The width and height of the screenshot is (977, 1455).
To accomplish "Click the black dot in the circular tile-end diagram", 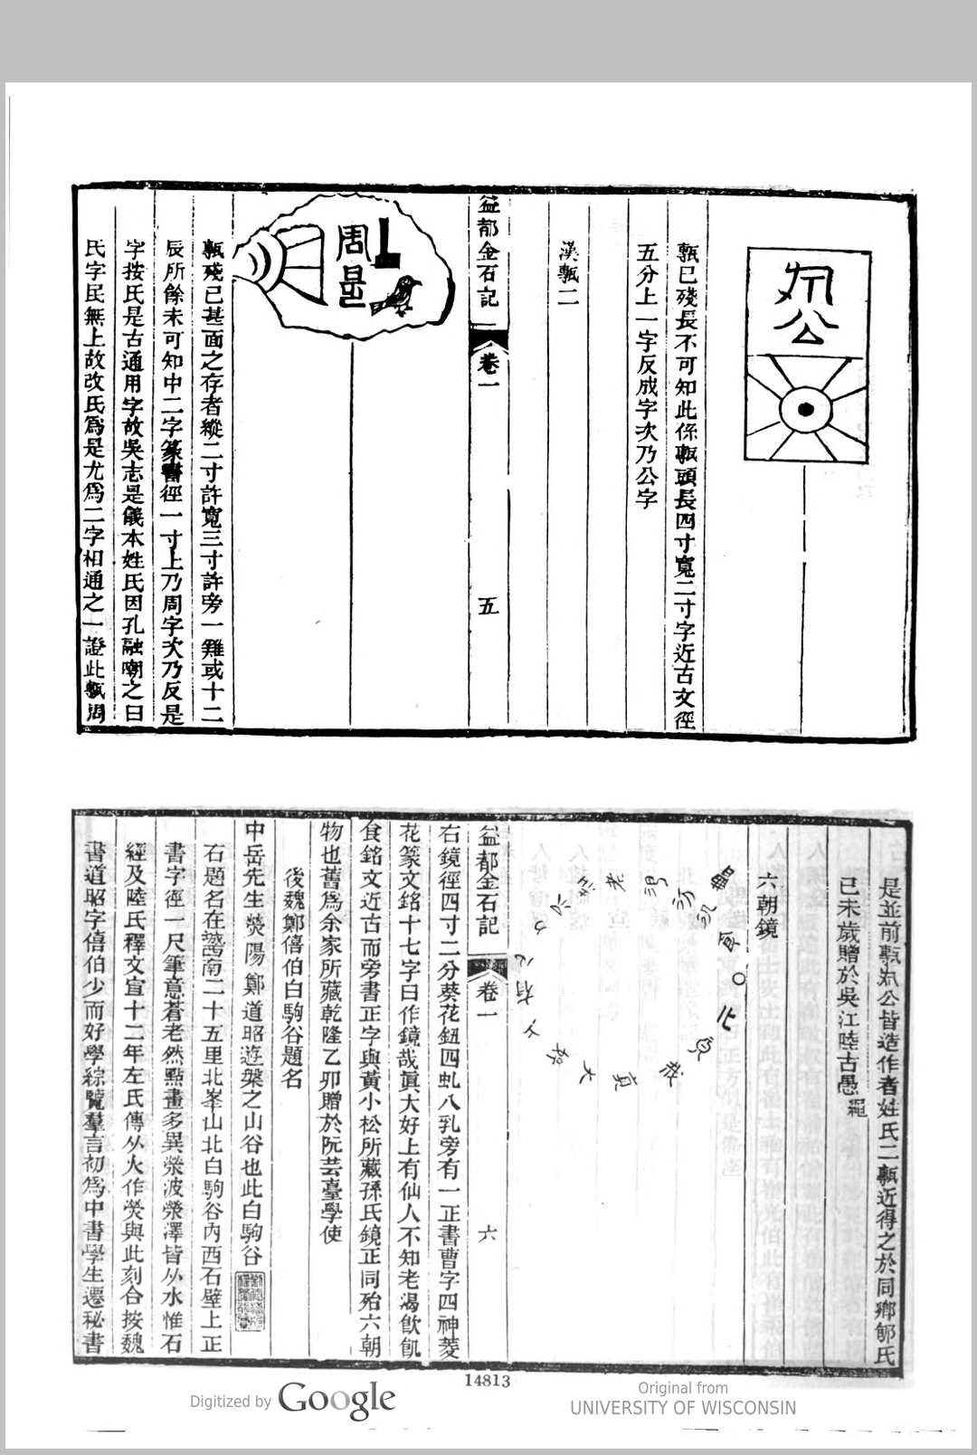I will pos(802,410).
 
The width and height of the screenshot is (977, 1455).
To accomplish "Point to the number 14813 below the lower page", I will pos(488,1381).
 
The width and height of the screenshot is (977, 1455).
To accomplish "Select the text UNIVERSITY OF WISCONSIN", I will pos(683,1408).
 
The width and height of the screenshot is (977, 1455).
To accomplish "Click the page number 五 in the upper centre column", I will pos(488,605).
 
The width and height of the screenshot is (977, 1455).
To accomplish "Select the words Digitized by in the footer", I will pos(230,1402).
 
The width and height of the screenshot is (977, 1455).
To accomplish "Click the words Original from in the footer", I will pos(682,1387).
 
